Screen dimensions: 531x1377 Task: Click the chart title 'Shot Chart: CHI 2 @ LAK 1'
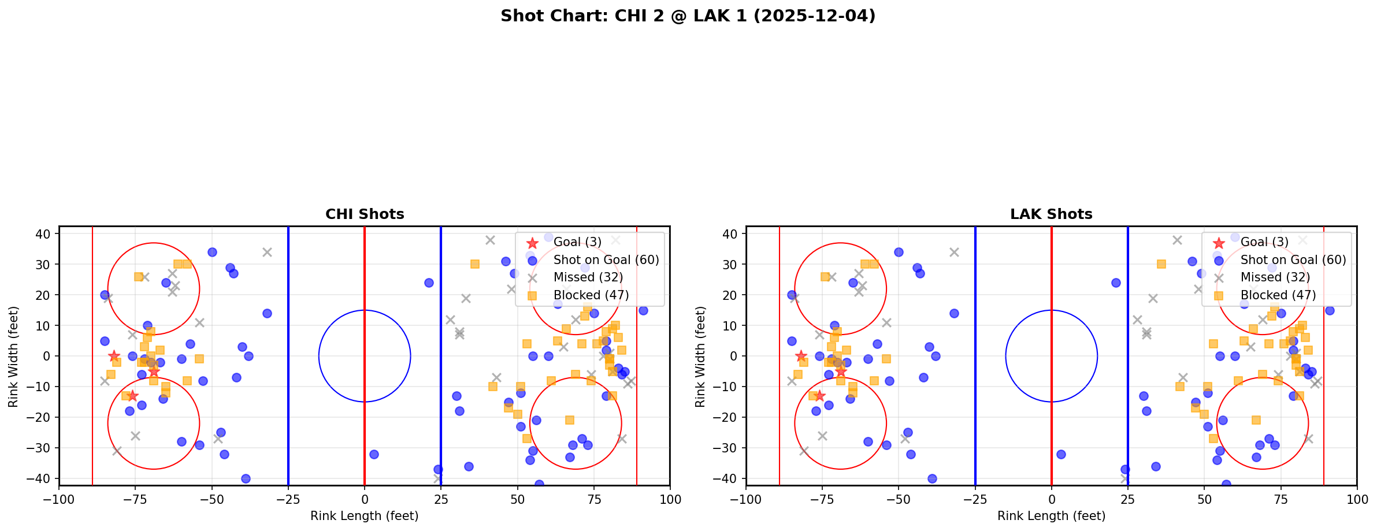[688, 16]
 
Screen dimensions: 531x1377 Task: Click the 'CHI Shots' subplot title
[365, 214]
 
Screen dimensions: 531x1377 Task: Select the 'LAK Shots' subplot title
[1051, 214]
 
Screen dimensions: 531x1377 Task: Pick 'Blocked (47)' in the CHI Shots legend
[591, 295]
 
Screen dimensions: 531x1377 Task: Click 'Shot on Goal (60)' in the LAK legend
[1293, 260]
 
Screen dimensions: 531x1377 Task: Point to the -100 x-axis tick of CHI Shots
[59, 499]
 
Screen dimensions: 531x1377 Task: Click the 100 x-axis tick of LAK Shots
[1356, 499]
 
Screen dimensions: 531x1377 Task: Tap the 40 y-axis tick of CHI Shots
[44, 234]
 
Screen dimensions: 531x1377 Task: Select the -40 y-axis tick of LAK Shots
[729, 478]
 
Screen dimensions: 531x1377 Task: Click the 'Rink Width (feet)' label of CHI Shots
[13, 356]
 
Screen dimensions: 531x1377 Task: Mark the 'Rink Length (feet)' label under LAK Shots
[1051, 516]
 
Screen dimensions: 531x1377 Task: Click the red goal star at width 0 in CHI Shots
[114, 356]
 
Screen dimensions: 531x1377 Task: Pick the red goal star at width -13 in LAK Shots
[819, 396]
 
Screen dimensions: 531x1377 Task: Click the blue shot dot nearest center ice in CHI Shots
[374, 454]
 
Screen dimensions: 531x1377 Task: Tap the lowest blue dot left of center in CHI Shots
[246, 478]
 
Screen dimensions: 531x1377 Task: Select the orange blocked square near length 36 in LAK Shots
[1161, 264]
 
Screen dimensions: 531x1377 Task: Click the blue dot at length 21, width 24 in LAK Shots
[1116, 283]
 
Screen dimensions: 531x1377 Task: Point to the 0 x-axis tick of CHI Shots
[365, 499]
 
